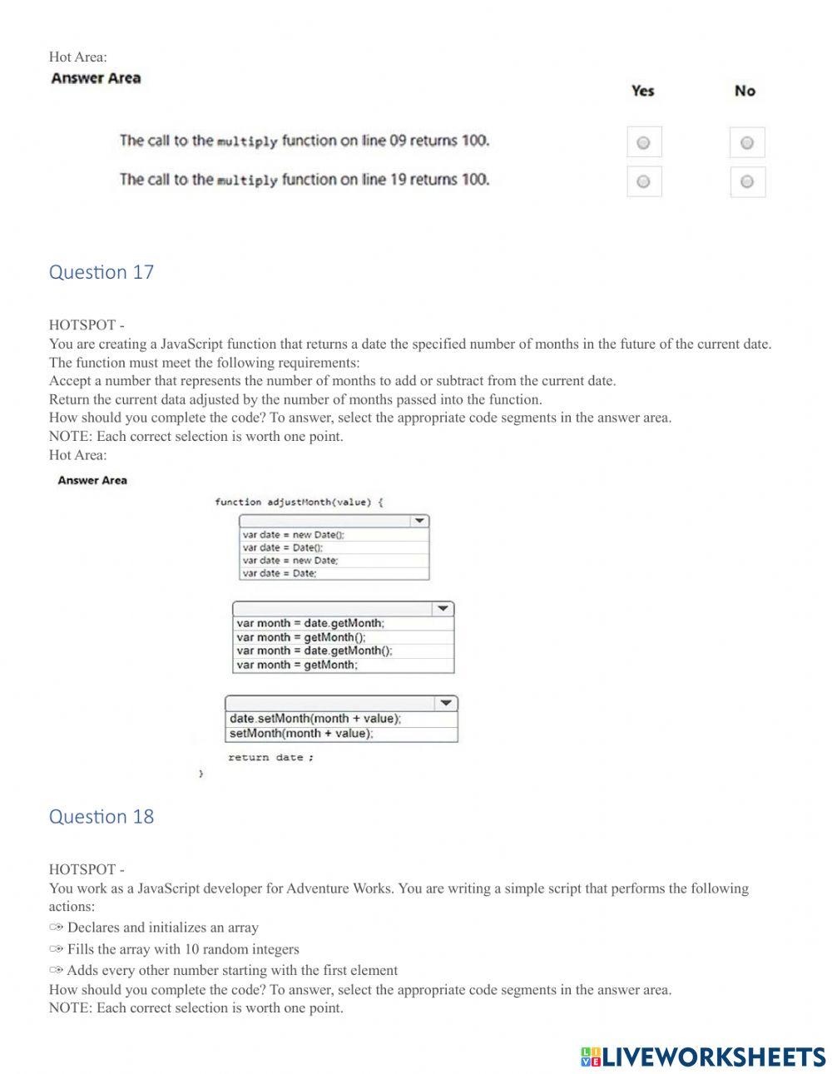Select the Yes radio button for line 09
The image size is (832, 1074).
point(643,143)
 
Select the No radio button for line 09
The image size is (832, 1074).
point(746,143)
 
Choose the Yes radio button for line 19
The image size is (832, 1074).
point(643,181)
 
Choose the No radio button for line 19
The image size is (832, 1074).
point(746,181)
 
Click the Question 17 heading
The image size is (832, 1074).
point(102,272)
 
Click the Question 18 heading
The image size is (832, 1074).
point(102,816)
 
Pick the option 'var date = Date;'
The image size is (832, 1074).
point(280,573)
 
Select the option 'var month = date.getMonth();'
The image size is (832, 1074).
point(314,651)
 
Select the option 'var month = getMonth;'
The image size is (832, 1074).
point(297,665)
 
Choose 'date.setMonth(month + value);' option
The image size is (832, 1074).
point(314,719)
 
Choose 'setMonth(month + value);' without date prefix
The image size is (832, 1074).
point(301,733)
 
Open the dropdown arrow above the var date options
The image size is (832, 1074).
point(420,521)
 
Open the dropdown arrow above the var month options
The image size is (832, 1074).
point(443,609)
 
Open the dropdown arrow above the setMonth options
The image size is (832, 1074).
point(447,703)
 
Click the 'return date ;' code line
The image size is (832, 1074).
point(270,757)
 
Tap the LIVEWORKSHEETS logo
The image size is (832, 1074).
point(703,1057)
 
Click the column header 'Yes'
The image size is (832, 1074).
point(642,91)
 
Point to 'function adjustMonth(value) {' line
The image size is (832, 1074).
point(299,502)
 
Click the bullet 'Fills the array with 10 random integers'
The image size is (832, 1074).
point(183,949)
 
